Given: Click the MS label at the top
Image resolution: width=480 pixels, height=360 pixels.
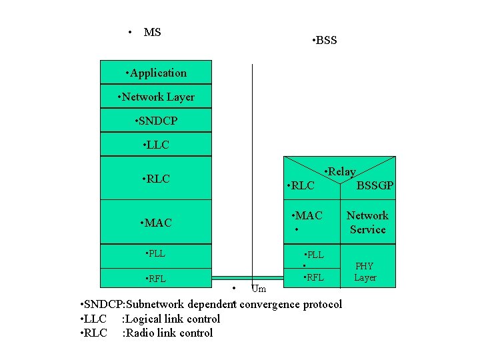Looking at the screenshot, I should point(152,32).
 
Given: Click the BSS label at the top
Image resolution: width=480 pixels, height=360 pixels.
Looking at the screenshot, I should point(326,41).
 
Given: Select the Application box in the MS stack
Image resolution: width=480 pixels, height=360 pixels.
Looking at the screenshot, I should point(156,73).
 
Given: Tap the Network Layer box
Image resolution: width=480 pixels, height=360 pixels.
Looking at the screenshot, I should point(156,97).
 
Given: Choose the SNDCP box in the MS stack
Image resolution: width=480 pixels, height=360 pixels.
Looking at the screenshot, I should point(156,121).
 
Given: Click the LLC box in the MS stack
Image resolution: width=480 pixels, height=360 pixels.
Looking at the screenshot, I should point(156,145).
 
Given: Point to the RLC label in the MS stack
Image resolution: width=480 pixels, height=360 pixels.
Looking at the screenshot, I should point(156,179).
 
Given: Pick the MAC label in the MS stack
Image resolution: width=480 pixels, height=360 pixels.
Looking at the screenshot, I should point(156,223).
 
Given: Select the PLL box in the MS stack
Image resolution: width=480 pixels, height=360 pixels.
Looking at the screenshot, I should point(155,253).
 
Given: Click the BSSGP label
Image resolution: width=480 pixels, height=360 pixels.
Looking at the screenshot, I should point(375,185).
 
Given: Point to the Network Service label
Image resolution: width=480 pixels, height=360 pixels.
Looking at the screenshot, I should point(367,223).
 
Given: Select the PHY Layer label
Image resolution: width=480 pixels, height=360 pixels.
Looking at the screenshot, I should point(365,272).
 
